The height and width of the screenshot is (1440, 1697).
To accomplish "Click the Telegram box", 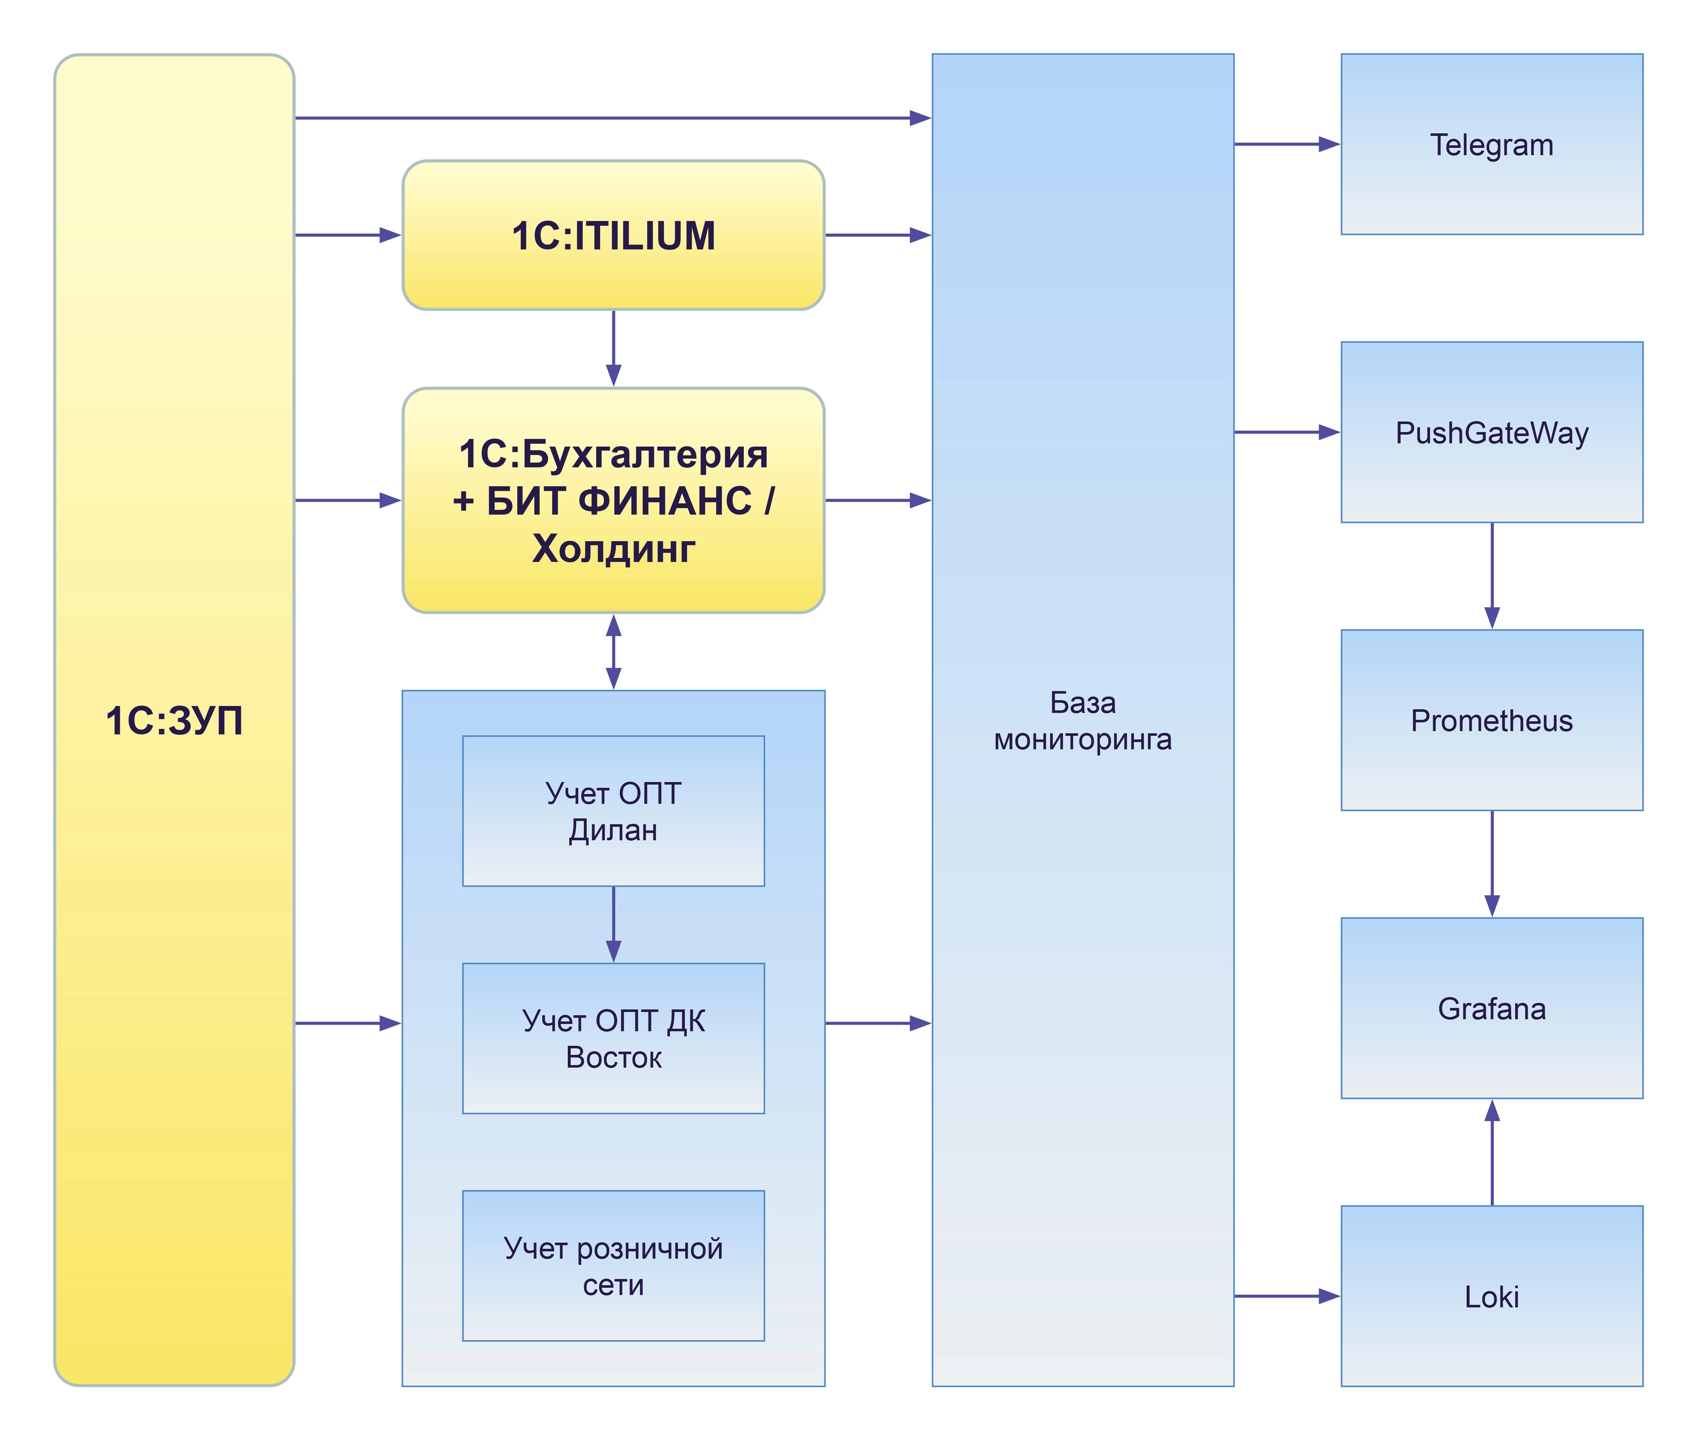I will click(1491, 144).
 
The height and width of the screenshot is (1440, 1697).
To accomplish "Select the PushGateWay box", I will click(1491, 432).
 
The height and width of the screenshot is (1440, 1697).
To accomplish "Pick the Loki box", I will click(1491, 1296).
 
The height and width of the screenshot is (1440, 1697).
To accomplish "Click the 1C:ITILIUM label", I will click(614, 236).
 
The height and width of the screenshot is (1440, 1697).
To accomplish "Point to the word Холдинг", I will click(614, 549).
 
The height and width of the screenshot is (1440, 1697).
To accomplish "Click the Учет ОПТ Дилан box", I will click(614, 811).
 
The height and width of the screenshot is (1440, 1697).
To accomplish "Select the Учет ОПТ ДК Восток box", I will click(614, 1038).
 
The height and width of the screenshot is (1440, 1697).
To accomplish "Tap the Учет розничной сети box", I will click(614, 1266).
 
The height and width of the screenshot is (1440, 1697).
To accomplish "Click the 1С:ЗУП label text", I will click(174, 721).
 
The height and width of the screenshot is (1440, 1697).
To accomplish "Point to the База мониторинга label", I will click(1083, 721).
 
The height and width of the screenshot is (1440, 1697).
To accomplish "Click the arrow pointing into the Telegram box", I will click(1286, 144).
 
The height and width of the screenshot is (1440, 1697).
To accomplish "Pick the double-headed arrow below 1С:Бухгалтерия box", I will click(614, 651).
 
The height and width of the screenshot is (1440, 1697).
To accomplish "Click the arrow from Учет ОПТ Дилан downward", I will click(614, 924).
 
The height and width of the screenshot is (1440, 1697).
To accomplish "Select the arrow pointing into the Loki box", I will click(1286, 1296).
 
